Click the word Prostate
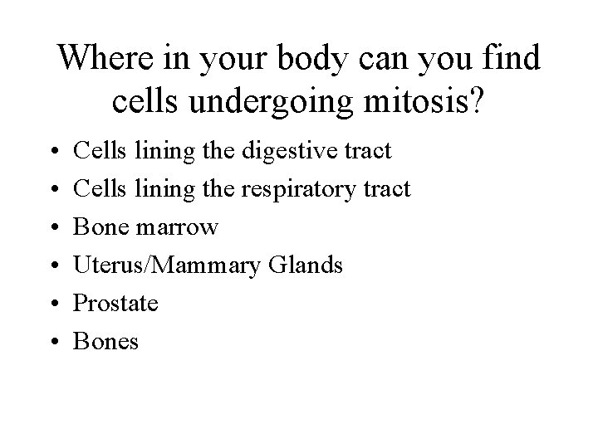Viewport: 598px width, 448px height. click(x=115, y=304)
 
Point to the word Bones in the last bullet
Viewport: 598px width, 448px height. click(x=106, y=342)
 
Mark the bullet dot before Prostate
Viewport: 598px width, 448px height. click(x=51, y=304)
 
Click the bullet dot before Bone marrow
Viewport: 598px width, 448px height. click(x=51, y=228)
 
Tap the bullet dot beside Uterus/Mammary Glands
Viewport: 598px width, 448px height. click(x=51, y=266)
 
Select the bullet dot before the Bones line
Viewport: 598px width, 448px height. click(x=51, y=343)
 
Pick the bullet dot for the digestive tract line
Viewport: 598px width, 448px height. click(x=51, y=152)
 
